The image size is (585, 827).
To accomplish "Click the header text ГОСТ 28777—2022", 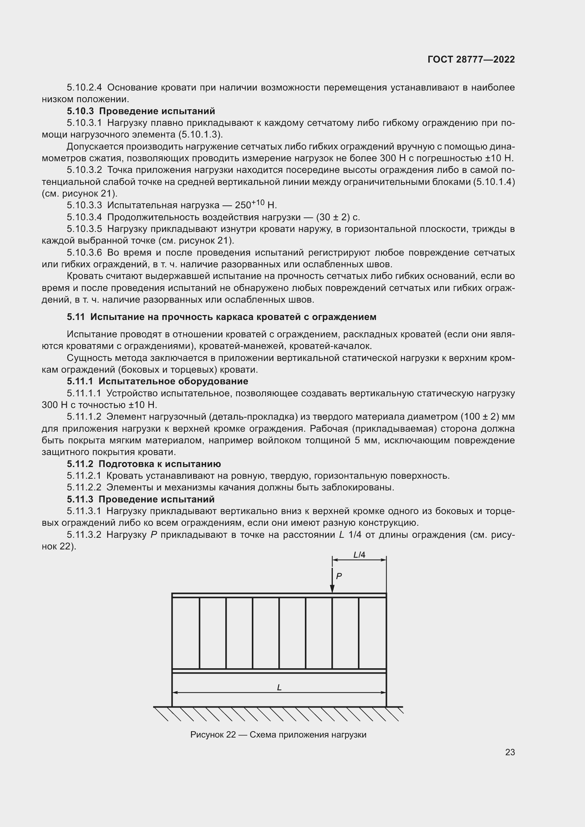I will tap(471, 59).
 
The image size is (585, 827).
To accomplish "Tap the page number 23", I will tap(510, 752).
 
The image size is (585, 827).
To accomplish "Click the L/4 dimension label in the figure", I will tap(359, 555).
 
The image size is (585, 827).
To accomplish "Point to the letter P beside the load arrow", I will tap(338, 576).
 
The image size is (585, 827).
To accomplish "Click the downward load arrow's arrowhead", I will tap(332, 589).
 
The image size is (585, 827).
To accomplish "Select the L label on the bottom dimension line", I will tap(279, 688).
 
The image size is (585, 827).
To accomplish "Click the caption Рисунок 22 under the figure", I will tap(213, 735).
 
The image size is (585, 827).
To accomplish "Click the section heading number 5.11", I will tap(76, 317).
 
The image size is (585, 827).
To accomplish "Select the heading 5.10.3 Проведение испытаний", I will tap(140, 111).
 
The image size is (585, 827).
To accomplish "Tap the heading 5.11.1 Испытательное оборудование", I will tap(157, 381).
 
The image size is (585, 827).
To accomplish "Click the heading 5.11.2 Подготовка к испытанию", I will tap(143, 464).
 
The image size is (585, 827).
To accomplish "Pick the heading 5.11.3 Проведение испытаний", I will tap(140, 499).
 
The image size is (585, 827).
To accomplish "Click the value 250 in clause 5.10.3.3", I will tap(242, 206).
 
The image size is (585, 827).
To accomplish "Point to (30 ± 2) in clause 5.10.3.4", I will tap(333, 217).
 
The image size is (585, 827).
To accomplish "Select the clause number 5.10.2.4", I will tap(84, 88).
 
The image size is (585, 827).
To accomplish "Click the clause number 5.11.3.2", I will tap(84, 535).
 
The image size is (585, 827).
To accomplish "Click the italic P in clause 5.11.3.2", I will tap(153, 535).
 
